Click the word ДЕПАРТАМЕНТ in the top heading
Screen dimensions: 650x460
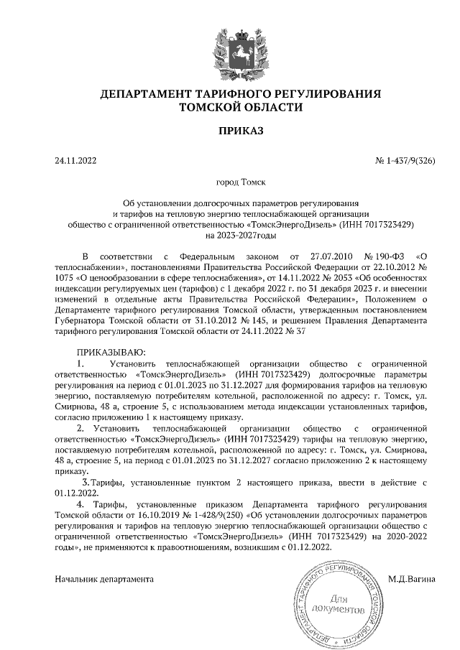(x=146, y=94)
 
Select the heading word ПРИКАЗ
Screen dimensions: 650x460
(x=230, y=131)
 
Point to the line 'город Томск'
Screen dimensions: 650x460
(x=230, y=183)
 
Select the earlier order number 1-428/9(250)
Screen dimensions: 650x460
(x=207, y=515)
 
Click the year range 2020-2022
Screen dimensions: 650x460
(x=398, y=535)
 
